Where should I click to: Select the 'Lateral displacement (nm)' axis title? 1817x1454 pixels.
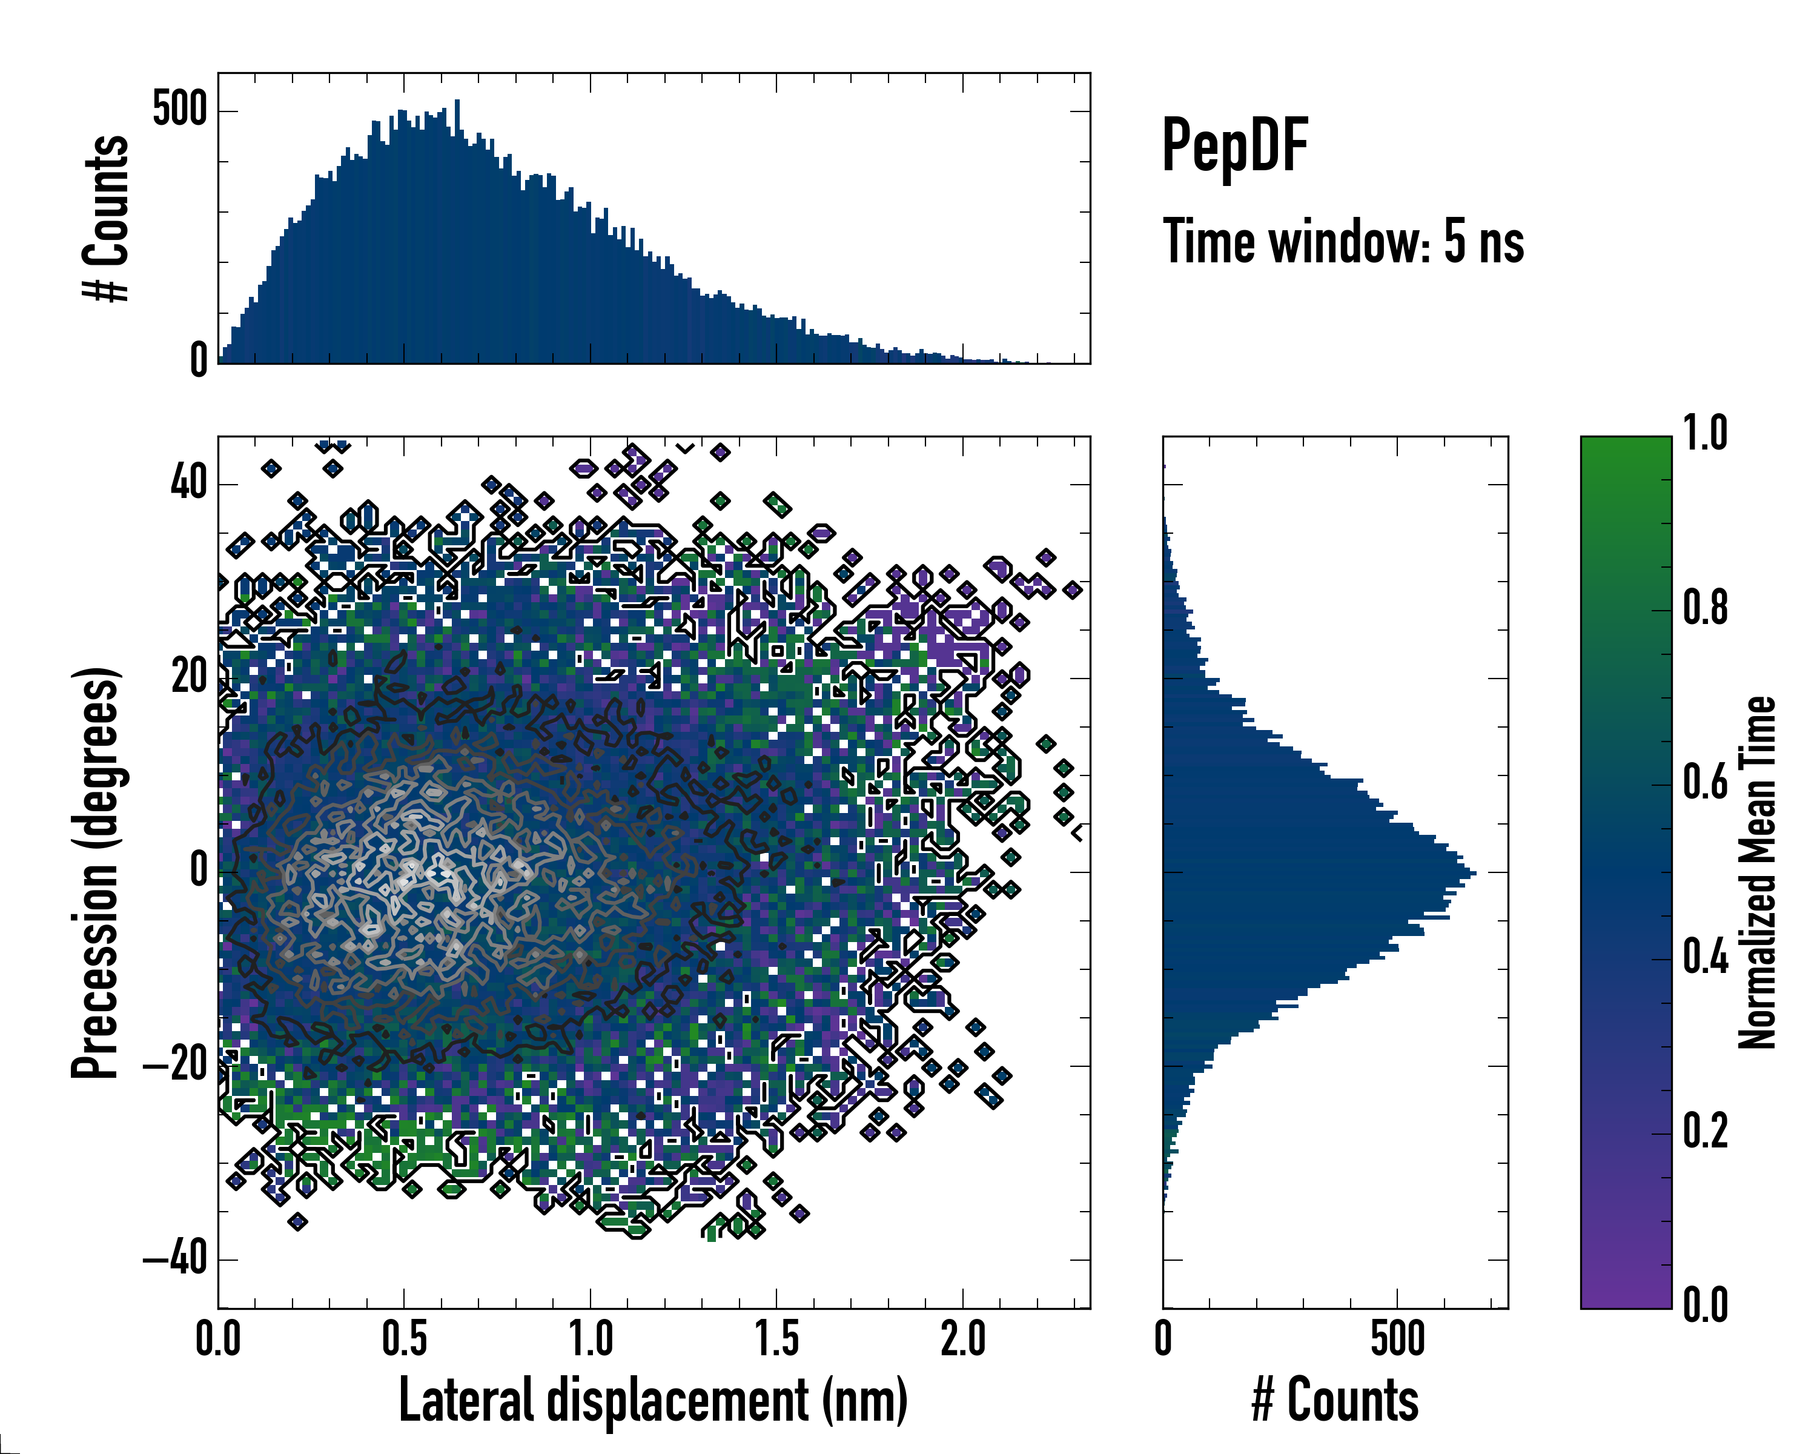(653, 1400)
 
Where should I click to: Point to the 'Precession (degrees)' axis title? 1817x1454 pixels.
(94, 872)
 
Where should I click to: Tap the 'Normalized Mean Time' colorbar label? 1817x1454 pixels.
(1757, 872)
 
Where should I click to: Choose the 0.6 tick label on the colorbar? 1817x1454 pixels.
(1705, 782)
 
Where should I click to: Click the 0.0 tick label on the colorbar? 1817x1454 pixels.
(1705, 1305)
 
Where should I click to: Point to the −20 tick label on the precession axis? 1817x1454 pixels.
(175, 1066)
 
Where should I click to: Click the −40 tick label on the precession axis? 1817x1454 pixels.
(175, 1260)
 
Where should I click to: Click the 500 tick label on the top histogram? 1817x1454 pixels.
(179, 110)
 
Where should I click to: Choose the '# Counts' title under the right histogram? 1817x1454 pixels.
(1335, 1400)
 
